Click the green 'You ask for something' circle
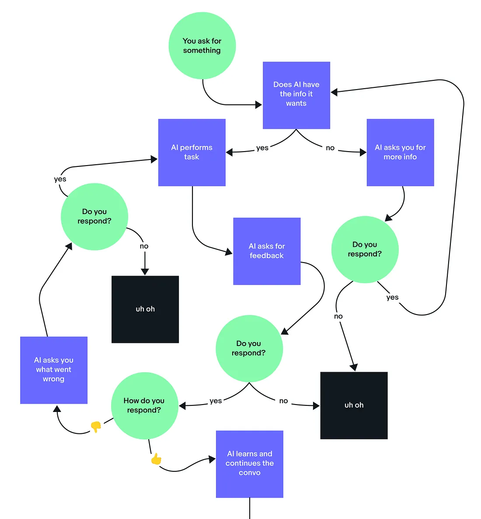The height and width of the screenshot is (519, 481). pos(202,46)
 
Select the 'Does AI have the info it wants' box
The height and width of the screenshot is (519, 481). pos(296,95)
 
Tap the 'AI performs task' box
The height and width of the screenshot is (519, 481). pos(192,152)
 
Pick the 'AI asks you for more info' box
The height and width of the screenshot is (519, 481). pos(400,152)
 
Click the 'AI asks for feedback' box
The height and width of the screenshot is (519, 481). pos(267,251)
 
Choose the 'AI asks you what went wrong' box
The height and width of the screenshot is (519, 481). pos(54,370)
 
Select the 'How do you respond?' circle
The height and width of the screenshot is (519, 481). pos(144,405)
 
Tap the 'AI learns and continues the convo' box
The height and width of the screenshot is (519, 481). pos(249,464)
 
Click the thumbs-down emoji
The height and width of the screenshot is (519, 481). pos(96,427)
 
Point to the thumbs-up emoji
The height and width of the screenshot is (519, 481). pos(156,459)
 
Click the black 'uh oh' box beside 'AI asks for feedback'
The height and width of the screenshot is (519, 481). pos(145,309)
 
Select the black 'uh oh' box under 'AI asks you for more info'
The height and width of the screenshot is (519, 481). pos(354,405)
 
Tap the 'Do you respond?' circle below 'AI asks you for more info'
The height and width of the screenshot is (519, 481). pos(365,249)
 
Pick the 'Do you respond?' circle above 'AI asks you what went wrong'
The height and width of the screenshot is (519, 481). pos(94,217)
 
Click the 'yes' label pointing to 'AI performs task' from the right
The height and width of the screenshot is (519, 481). pos(262,148)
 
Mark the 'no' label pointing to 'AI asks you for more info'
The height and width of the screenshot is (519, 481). pos(330,148)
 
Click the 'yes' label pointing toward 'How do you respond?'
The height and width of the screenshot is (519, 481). pos(216,401)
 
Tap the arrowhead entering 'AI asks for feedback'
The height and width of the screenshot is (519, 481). pos(229,252)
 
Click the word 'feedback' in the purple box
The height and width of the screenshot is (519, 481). pos(267,256)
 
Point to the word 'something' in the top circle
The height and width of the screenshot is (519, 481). pos(202,51)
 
